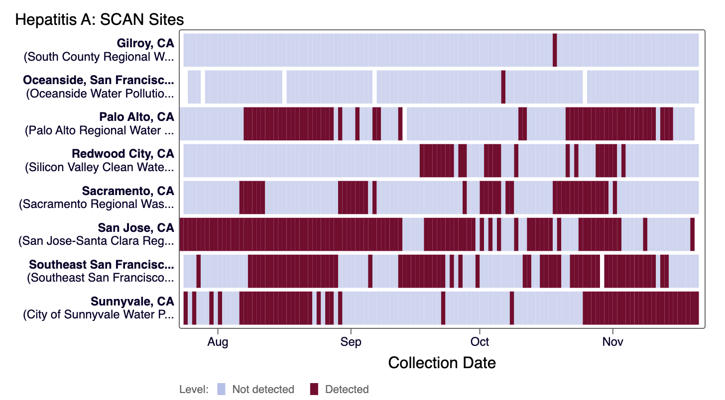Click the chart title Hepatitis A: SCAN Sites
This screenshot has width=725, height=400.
click(x=100, y=19)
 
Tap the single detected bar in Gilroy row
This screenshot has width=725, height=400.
click(x=555, y=50)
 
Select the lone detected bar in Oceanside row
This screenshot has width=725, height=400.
click(x=503, y=87)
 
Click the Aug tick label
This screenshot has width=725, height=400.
click(x=218, y=342)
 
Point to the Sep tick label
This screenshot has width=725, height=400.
click(x=351, y=342)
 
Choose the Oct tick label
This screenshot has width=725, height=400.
click(x=480, y=342)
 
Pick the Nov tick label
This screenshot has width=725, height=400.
click(x=613, y=342)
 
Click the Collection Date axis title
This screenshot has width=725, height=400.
click(x=442, y=363)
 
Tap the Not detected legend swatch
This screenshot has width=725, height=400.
click(x=222, y=389)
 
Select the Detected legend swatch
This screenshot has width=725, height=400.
click(x=314, y=389)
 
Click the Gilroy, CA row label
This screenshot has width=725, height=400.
click(x=145, y=43)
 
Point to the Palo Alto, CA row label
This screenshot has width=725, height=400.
click(x=136, y=117)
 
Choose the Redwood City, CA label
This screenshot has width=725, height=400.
click(x=123, y=154)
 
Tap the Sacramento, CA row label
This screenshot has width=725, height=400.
click(x=128, y=191)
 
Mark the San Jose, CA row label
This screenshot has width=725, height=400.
click(x=136, y=227)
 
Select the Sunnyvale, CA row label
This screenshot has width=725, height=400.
click(x=132, y=301)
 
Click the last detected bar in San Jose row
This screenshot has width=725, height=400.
click(x=692, y=234)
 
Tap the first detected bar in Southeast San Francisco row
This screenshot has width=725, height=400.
click(x=198, y=271)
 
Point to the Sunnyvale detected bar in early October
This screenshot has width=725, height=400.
click(x=512, y=308)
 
